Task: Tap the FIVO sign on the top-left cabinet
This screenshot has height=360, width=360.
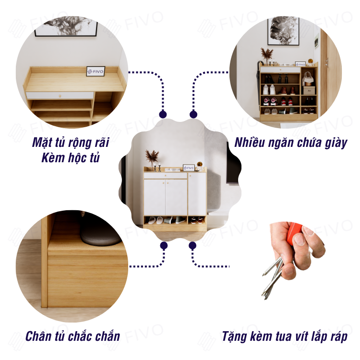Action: point(96,71)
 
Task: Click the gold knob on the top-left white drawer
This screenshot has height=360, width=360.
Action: point(60,96)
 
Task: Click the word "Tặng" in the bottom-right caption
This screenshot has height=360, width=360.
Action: point(234,336)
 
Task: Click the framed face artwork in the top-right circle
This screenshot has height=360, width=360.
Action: point(284,31)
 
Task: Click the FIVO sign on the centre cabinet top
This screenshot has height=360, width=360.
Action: point(189,168)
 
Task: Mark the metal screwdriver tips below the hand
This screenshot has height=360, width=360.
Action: point(273,278)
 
